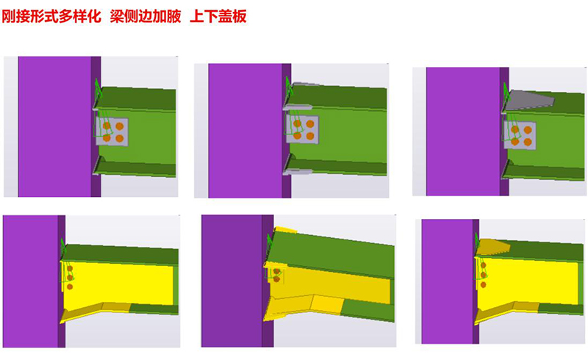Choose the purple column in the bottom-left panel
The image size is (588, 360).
coord(31,283)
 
